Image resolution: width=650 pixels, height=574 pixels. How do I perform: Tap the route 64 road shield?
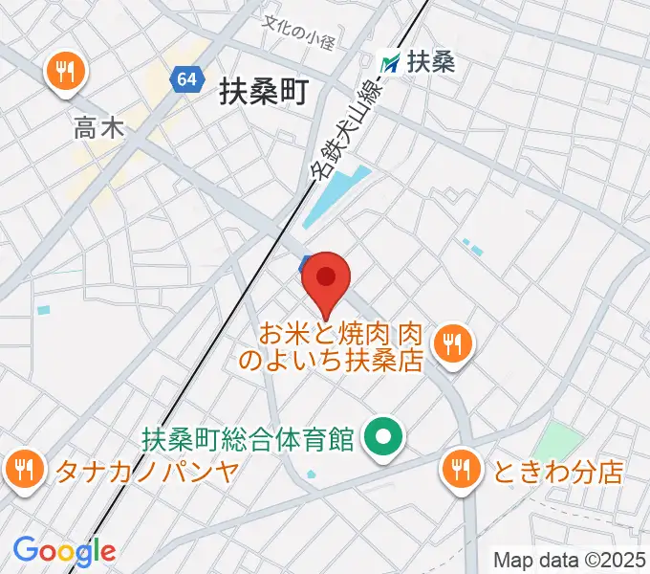coord(186,81)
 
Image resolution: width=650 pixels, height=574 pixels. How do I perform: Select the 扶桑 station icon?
coord(390,63)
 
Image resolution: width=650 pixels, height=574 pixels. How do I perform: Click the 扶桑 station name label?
coord(430,63)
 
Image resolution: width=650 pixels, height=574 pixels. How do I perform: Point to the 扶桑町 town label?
coord(261,93)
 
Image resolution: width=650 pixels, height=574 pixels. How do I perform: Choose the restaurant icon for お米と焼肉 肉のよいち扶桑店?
coord(451,343)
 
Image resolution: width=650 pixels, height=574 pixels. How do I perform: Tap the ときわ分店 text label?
coord(558,471)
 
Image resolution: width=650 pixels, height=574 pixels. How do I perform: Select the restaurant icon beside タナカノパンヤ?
coord(23,469)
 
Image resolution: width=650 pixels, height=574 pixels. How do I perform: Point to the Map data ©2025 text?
coord(568,559)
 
